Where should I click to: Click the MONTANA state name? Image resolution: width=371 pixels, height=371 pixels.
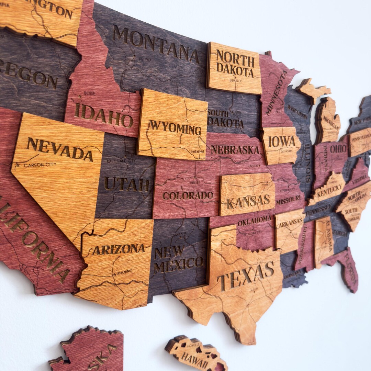coord(156,44)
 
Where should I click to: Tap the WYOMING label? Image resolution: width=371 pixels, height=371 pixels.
coord(175,128)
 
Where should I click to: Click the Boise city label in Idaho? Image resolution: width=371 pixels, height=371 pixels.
coord(89,93)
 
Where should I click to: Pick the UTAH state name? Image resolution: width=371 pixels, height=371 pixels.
coord(127,184)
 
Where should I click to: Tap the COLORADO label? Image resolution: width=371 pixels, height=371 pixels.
coord(188,195)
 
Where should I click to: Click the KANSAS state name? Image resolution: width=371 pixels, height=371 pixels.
coord(248,201)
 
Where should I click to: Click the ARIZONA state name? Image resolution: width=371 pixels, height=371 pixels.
coord(119,249)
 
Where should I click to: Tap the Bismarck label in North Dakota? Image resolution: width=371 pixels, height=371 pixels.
coord(235,81)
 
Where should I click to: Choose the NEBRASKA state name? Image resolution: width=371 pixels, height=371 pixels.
coord(235,150)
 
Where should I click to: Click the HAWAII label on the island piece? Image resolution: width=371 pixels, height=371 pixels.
coord(194,357)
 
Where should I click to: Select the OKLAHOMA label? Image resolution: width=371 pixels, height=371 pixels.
coord(255,220)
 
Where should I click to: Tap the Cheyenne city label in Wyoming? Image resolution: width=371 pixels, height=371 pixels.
coord(198,151)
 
